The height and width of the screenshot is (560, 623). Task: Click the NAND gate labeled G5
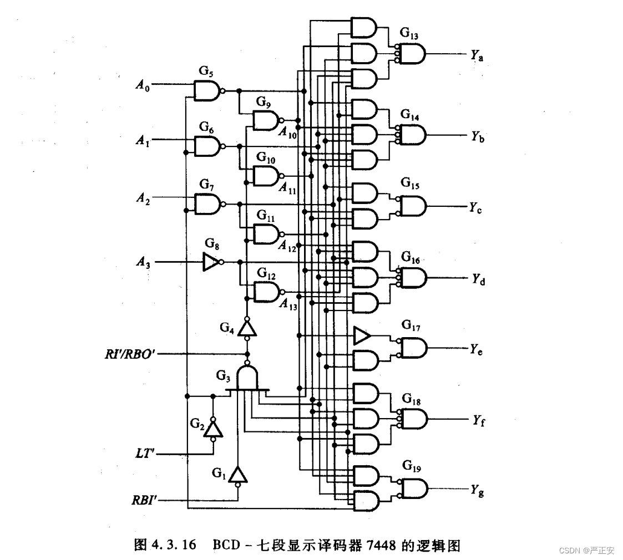click(207, 90)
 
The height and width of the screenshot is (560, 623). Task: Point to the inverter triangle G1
click(238, 475)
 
